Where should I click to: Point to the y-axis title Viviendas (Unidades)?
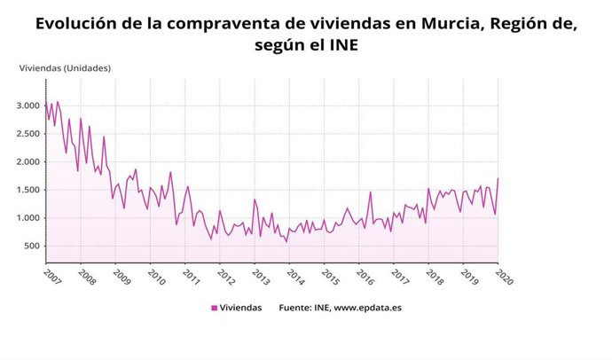[x=65, y=67]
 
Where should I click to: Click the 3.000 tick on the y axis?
[x=27, y=106]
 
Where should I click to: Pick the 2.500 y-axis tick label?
[x=27, y=134]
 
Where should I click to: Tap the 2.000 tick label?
[x=27, y=161]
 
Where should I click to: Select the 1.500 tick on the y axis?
[x=27, y=190]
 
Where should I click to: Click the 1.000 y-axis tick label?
[x=27, y=218]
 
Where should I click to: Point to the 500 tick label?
[x=31, y=246]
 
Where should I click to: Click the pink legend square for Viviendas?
[x=214, y=308]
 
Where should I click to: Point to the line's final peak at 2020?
[x=498, y=179]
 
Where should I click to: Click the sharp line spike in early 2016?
[x=371, y=192]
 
